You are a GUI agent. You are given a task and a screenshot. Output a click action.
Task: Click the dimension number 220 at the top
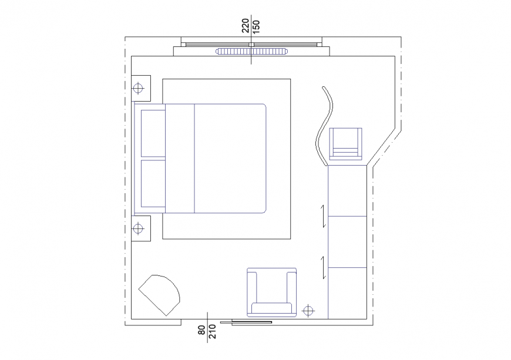[x=246, y=26]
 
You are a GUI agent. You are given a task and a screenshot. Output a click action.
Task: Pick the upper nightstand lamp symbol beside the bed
[x=138, y=89]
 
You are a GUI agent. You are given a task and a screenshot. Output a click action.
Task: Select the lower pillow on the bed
[x=153, y=183]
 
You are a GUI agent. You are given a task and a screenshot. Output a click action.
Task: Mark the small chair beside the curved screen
[x=346, y=143]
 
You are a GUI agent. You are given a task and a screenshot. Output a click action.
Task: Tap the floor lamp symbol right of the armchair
[x=308, y=310]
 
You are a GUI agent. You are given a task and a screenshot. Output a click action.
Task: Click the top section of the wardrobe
[x=347, y=191]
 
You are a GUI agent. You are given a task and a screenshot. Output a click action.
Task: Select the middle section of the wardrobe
[x=347, y=242]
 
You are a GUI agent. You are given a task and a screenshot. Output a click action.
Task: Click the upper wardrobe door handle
[x=323, y=216]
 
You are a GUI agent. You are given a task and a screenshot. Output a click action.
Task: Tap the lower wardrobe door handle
[x=323, y=267]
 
